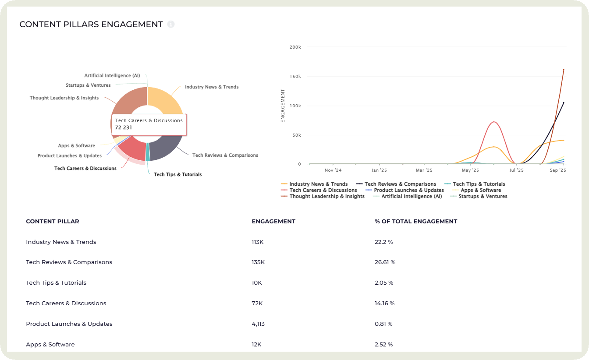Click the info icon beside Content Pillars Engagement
click(171, 25)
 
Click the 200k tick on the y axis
click(296, 47)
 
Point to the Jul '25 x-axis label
click(516, 170)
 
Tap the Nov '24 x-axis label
click(333, 170)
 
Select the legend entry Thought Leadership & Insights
click(326, 196)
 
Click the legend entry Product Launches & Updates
click(408, 190)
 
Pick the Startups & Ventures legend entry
click(483, 196)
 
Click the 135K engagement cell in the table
click(258, 262)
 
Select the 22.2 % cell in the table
click(384, 242)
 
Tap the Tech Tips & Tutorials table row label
click(56, 282)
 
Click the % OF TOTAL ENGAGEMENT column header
click(415, 221)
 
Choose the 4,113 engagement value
click(258, 324)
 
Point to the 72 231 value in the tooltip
click(124, 127)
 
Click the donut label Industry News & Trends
click(212, 87)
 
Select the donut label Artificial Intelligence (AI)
click(112, 75)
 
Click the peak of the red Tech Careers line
click(494, 122)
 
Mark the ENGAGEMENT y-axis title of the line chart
click(283, 106)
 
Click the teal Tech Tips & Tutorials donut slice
click(148, 152)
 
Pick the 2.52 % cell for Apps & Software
click(384, 345)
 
